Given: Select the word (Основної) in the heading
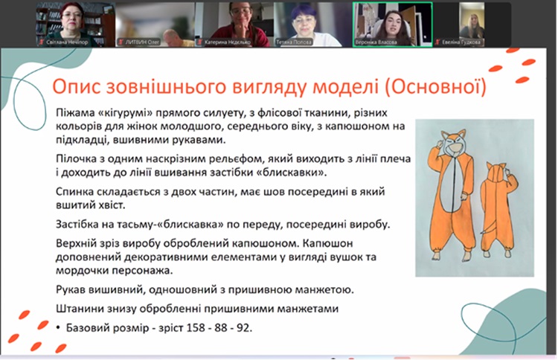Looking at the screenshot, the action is [435, 87].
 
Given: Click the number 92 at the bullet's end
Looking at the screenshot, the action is [244, 327].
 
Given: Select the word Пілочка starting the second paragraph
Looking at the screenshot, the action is [76, 158].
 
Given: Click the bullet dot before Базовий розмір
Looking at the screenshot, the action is [58, 327].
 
